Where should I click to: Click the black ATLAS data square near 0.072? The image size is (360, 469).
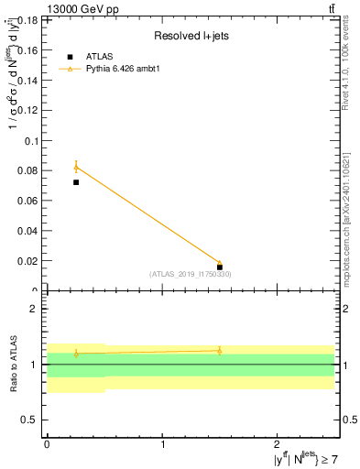(76, 182)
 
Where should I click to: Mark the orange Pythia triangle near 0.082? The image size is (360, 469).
(76, 167)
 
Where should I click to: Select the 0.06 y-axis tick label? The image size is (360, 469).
(27, 201)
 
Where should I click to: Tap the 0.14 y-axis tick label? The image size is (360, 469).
(27, 79)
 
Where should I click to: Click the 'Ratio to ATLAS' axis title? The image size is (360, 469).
(13, 364)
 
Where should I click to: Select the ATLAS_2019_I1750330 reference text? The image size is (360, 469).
(190, 274)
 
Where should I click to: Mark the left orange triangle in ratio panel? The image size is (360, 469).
(76, 353)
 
